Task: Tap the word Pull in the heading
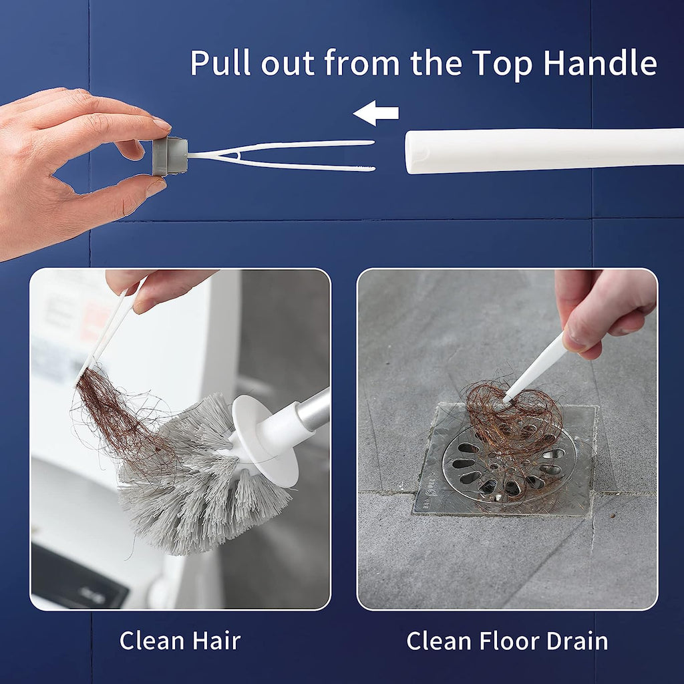(x=220, y=63)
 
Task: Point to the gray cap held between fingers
(x=169, y=156)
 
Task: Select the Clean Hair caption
(x=180, y=641)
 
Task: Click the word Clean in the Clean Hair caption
(x=150, y=641)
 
